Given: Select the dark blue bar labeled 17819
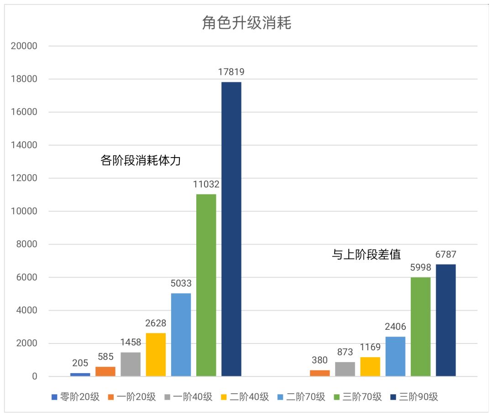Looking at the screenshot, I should (231, 228).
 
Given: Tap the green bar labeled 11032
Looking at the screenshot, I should (206, 285).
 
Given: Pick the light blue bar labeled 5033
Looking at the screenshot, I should (181, 334).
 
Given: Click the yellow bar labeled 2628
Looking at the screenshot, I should (156, 354).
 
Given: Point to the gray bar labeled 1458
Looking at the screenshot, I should (131, 364).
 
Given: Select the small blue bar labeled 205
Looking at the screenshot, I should (80, 375).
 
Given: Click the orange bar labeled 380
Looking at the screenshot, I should (320, 373).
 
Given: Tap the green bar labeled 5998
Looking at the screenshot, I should (420, 327).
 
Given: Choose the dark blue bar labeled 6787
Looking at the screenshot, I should (446, 320).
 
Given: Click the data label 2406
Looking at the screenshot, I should (395, 327).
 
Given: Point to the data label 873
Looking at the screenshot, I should (345, 352).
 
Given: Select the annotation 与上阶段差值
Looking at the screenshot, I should (366, 254).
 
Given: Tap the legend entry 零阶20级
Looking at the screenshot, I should (75, 397).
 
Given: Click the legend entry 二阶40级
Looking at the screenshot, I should (244, 397).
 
